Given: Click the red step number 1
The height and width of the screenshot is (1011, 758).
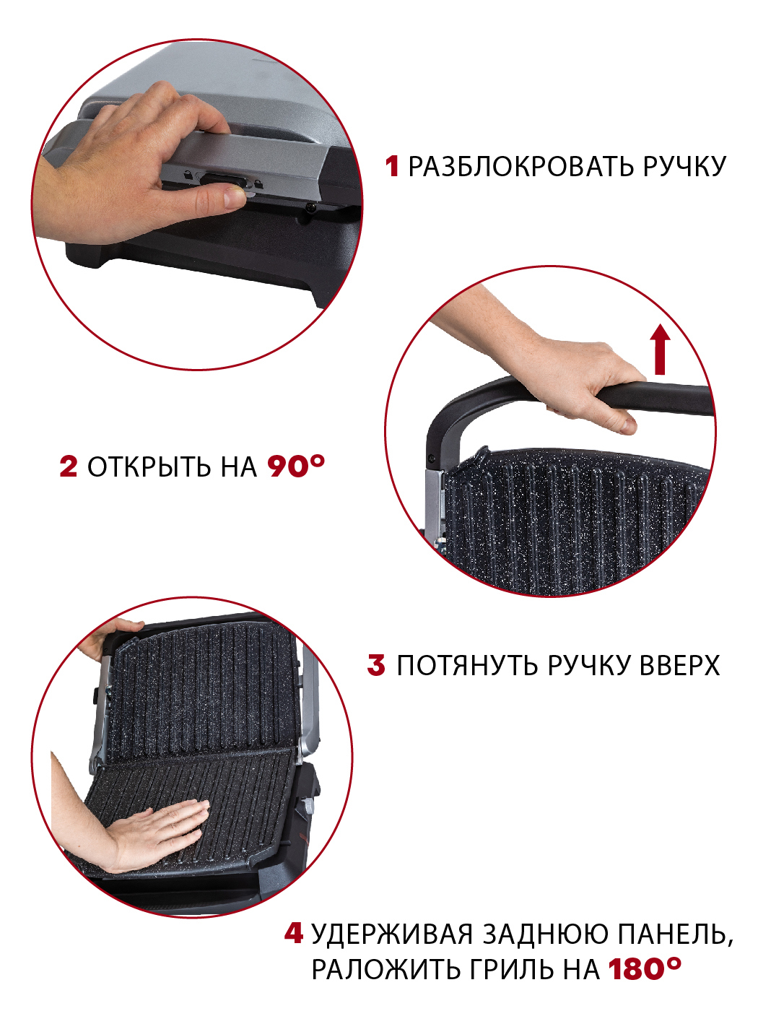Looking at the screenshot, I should tap(392, 166).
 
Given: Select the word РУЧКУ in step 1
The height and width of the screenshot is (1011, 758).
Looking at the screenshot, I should tap(684, 167).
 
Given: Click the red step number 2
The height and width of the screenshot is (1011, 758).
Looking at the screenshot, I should tap(69, 467).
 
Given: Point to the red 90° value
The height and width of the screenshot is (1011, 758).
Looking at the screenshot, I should tap(296, 466).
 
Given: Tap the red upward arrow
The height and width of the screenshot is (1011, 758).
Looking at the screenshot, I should tap(659, 350).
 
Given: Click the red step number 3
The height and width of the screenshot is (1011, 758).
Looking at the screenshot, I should tap(376, 665).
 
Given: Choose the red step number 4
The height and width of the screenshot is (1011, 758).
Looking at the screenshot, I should tap(293, 933).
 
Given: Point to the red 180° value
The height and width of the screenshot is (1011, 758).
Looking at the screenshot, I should tap(644, 969).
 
